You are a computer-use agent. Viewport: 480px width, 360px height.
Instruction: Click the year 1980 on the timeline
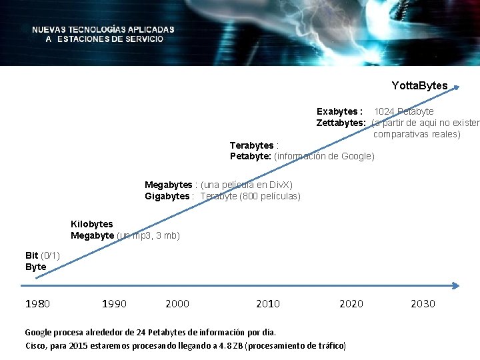pos(37,304)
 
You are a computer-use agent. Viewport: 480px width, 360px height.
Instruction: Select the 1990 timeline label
pos(114,304)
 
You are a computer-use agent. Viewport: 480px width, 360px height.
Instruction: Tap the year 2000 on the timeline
pos(177,304)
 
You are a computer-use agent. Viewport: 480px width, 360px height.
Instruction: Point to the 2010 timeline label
pos(268,304)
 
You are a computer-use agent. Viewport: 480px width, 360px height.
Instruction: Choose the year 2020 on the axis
pos(351,304)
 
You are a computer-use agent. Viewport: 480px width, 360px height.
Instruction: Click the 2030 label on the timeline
pos(423,304)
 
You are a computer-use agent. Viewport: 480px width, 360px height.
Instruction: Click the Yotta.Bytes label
pos(419,86)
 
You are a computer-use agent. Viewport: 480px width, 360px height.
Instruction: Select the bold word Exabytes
pos(339,111)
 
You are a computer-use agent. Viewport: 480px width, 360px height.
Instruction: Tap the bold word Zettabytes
pos(341,123)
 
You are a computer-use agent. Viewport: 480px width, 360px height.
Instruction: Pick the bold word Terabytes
pos(252,145)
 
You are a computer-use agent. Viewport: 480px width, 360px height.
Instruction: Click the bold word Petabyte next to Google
pos(250,157)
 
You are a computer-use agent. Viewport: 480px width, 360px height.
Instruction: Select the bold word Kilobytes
pos(92,224)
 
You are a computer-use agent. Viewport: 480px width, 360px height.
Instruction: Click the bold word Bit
pos(31,255)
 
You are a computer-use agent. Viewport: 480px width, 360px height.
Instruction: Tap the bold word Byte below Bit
pos(36,267)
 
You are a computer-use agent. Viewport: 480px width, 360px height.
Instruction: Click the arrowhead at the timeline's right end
pos(455,285)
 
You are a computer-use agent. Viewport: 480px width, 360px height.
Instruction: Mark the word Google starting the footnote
pos(38,332)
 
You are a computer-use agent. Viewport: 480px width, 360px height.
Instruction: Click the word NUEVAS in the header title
pos(49,29)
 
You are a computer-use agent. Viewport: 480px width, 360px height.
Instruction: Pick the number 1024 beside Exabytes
pos(384,111)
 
